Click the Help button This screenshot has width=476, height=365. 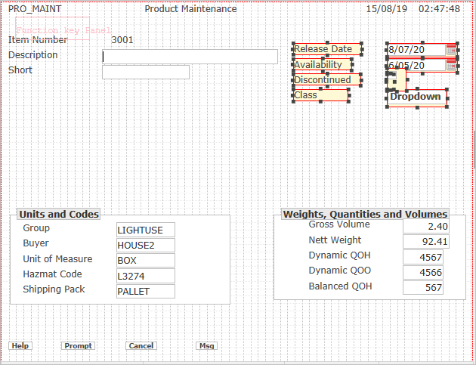tap(20, 346)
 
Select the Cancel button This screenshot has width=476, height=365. tap(141, 346)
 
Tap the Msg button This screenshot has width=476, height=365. tap(207, 346)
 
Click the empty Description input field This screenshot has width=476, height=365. tap(190, 57)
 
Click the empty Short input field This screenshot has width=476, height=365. tap(145, 72)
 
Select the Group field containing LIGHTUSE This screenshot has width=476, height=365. tap(146, 230)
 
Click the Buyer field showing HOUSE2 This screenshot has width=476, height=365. tap(146, 245)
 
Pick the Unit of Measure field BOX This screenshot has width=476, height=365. tap(146, 260)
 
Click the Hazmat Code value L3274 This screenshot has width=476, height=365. tap(146, 276)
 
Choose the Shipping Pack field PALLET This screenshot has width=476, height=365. tap(146, 291)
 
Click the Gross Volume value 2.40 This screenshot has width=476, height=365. tap(426, 226)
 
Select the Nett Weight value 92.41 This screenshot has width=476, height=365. tap(426, 242)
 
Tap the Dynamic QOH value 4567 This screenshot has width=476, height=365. tap(423, 257)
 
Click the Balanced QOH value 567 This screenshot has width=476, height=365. tap(423, 287)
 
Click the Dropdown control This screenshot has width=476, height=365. tap(417, 97)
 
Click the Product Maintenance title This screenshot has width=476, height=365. tap(190, 9)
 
